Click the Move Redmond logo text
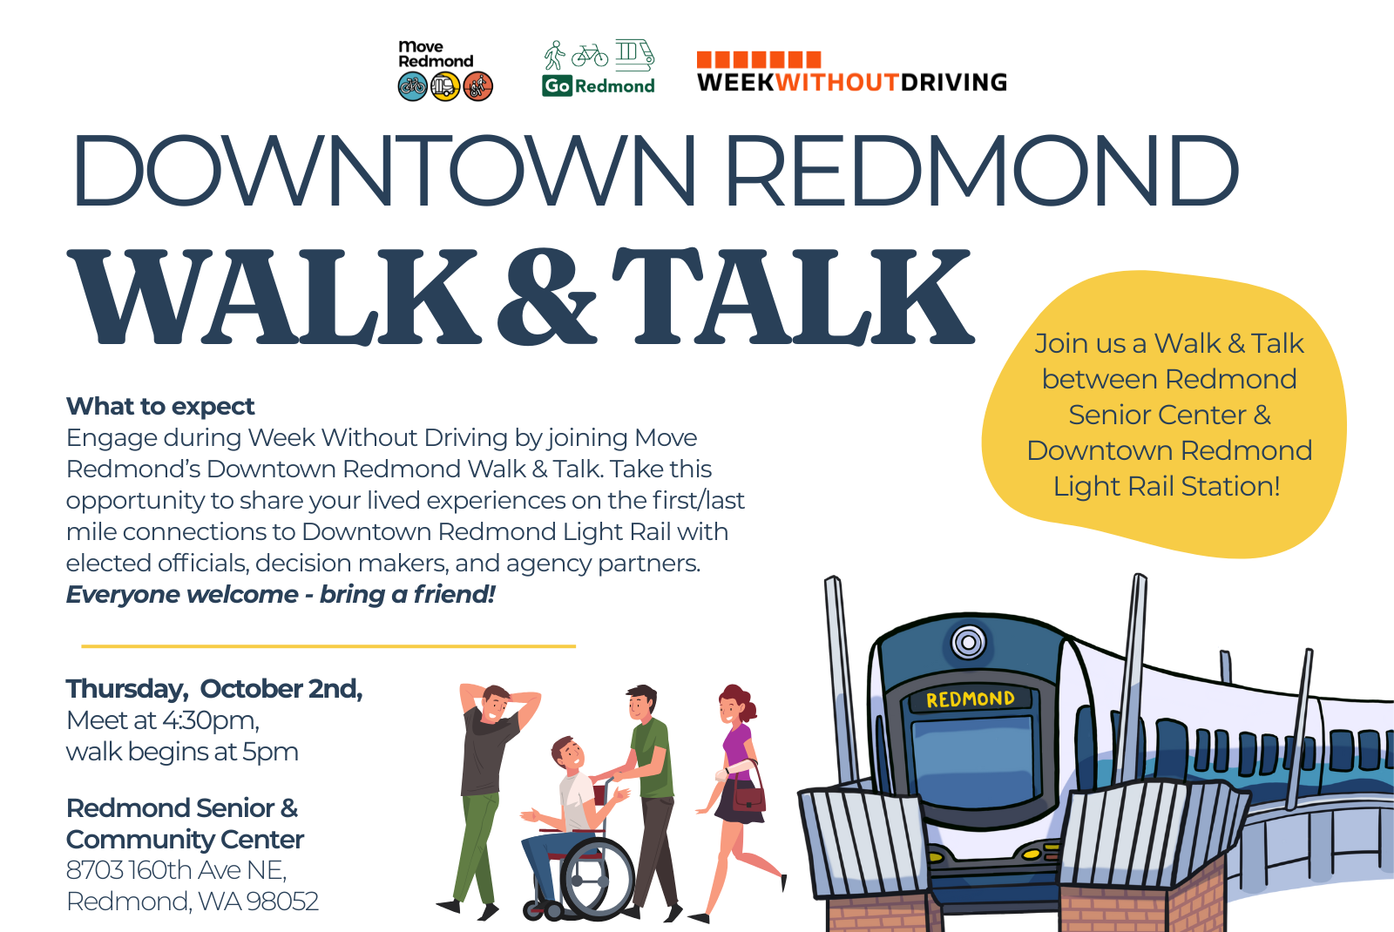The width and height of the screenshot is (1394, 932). coord(436,54)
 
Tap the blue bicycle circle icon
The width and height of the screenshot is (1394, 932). coord(413,86)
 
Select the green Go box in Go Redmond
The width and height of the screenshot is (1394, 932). coord(557,86)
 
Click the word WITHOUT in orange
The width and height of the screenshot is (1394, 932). coord(837,82)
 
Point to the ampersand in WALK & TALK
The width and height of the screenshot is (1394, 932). coord(545,296)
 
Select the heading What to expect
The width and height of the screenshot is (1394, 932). coord(160,406)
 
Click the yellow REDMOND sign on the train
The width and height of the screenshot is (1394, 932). coord(971,699)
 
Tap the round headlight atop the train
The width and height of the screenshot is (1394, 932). coord(968,641)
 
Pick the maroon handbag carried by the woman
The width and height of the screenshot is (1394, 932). coord(748,797)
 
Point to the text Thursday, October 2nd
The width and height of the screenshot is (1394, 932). coord(214,689)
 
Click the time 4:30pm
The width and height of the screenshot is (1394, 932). coord(210,720)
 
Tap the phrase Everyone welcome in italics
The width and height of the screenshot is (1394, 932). coord(182,595)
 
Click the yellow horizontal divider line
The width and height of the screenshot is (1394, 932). coord(328,646)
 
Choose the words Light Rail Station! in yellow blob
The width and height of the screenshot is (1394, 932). coord(1167,487)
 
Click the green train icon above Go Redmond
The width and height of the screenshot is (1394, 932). coord(635,54)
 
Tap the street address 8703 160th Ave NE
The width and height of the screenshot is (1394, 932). coord(176,870)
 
